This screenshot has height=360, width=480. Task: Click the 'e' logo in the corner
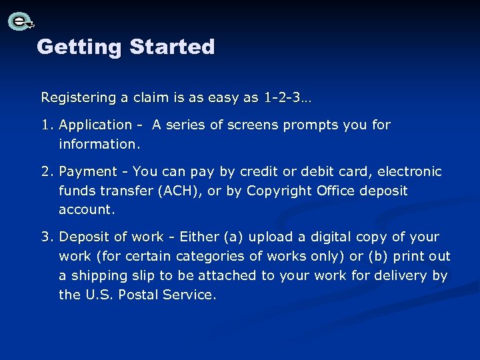coord(21,21)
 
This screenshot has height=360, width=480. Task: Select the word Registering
coord(78,98)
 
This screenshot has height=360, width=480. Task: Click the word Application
coord(95,125)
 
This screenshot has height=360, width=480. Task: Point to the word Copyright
coord(277,191)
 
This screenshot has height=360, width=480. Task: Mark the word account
coord(86,209)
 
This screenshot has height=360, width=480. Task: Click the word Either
coord(199,237)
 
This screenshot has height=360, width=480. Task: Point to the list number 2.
coord(47,172)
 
